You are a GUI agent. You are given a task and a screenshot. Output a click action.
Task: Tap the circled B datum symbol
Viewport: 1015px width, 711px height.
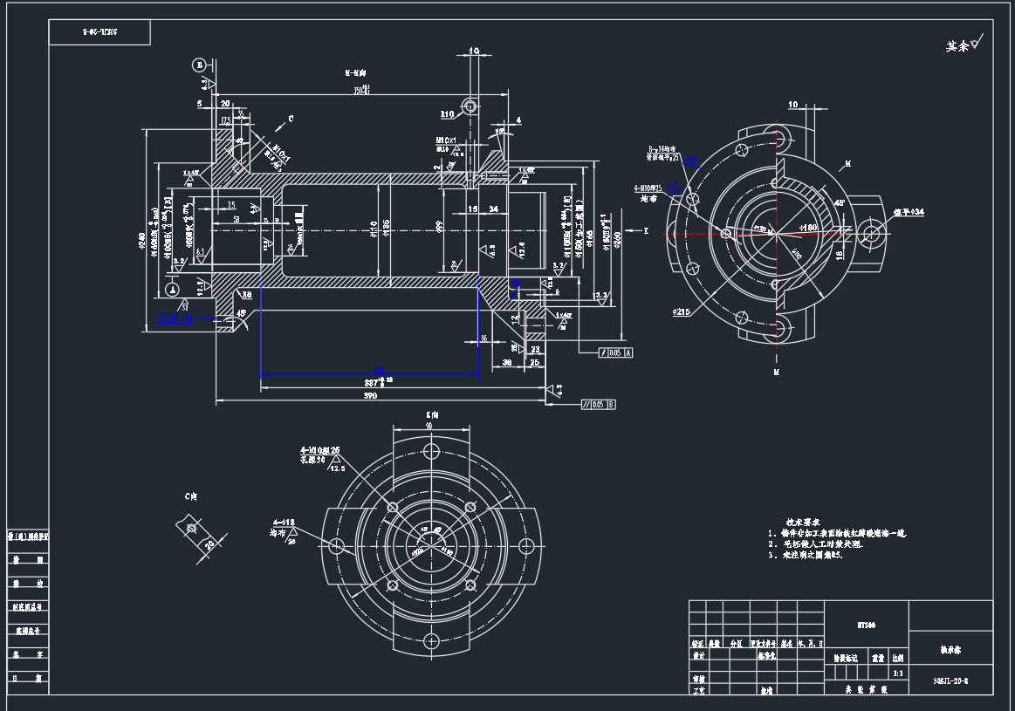(x=199, y=65)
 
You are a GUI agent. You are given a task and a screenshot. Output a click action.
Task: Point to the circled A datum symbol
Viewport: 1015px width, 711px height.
(x=174, y=289)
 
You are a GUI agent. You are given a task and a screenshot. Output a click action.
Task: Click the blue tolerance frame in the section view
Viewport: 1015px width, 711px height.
(x=174, y=318)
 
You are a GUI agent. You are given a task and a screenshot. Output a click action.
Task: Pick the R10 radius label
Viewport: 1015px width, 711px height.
(x=448, y=113)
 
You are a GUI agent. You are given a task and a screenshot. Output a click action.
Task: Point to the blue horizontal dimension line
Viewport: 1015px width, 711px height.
(x=369, y=374)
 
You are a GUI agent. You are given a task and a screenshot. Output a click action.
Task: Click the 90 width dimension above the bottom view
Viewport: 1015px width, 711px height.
(x=429, y=426)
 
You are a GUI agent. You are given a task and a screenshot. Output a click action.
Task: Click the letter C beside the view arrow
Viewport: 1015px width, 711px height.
(x=291, y=117)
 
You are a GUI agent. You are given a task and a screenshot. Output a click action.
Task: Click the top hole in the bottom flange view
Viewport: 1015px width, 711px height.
(x=430, y=451)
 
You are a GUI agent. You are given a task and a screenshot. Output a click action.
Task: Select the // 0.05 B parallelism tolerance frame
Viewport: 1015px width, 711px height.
(x=598, y=405)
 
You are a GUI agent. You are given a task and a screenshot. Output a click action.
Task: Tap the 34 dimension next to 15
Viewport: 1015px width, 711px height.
(x=493, y=209)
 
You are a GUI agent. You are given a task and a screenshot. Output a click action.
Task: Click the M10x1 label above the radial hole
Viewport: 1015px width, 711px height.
(x=447, y=140)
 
